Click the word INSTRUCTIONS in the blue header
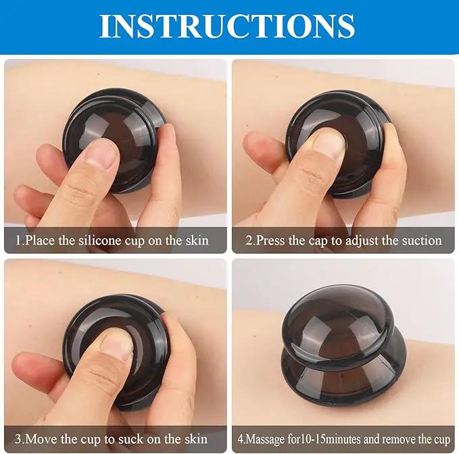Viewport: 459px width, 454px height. (227, 26)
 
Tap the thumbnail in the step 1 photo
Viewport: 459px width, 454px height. (99, 157)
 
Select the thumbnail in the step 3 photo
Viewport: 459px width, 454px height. (116, 346)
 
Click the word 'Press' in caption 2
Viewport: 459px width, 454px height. (270, 241)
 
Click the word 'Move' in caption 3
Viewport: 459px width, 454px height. (42, 439)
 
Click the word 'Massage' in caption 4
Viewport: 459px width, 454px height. (266, 439)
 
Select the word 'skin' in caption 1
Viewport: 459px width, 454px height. (197, 241)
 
